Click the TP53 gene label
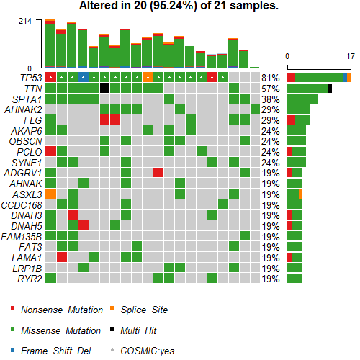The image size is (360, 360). pyautogui.click(x=30, y=77)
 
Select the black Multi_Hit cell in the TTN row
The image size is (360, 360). pyautogui.click(x=104, y=88)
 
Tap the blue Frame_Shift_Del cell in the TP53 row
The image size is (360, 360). pyautogui.click(x=83, y=77)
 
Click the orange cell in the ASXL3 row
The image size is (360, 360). pyautogui.click(x=50, y=194)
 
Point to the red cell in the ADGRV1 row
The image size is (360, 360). pyautogui.click(x=158, y=173)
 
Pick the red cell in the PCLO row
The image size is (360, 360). pyautogui.click(x=50, y=151)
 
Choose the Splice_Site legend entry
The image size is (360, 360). pyautogui.click(x=144, y=310)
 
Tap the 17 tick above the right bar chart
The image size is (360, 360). pyautogui.click(x=350, y=56)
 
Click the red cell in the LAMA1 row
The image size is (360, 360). pyautogui.click(x=61, y=257)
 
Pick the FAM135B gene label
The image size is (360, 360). pyautogui.click(x=23, y=236)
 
